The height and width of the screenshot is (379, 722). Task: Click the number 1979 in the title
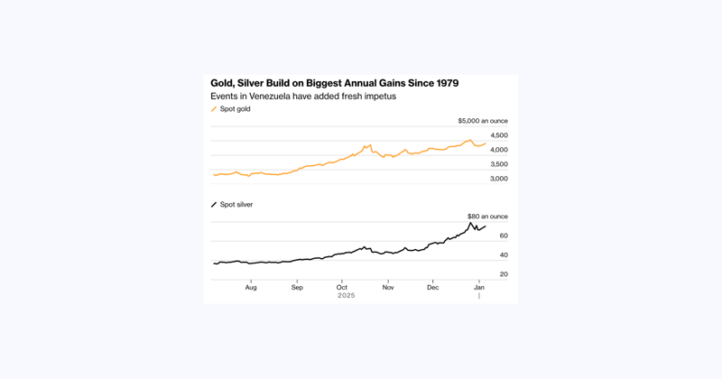click(x=442, y=83)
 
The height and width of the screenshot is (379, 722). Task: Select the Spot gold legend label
click(x=235, y=109)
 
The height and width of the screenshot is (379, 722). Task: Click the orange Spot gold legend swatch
click(x=214, y=109)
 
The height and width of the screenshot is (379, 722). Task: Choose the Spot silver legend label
click(x=236, y=205)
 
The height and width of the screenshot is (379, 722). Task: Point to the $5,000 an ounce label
click(x=482, y=121)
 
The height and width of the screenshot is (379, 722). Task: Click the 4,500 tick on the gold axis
click(x=498, y=135)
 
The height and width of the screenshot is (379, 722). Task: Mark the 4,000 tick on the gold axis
click(x=498, y=150)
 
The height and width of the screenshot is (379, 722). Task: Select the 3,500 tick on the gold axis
click(x=498, y=164)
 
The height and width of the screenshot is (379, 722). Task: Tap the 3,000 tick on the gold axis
click(x=498, y=179)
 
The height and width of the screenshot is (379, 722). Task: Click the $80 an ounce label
click(x=486, y=217)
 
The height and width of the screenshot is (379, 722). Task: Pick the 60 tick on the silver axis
click(x=504, y=236)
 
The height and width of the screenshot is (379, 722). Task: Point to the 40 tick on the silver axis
click(x=504, y=255)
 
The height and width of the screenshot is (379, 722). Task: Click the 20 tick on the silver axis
click(x=504, y=274)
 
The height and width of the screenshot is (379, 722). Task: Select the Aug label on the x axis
click(x=251, y=287)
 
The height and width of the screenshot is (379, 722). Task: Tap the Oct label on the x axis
click(x=342, y=287)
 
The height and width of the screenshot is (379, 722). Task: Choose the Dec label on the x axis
click(x=433, y=287)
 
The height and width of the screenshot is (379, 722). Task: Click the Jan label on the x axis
click(x=479, y=287)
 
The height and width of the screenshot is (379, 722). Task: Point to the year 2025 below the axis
click(x=347, y=296)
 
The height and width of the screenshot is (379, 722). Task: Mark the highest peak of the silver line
click(x=470, y=223)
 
